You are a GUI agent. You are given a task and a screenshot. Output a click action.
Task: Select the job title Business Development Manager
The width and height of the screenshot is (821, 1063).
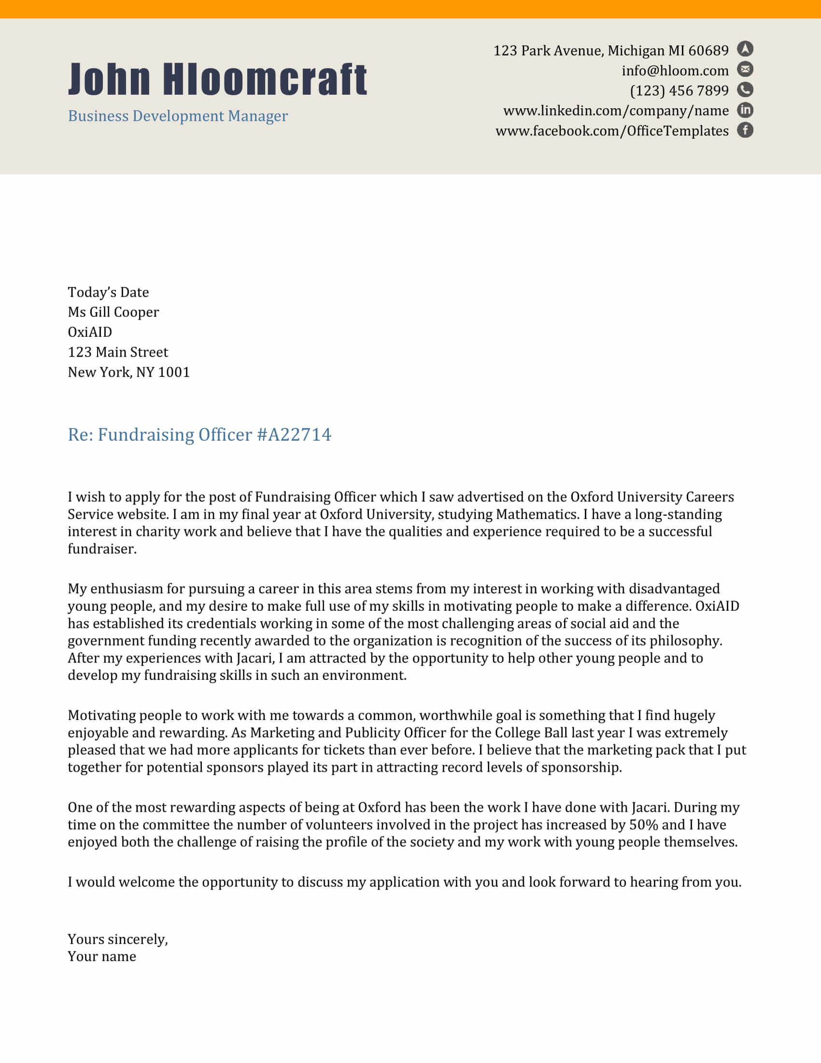click(178, 116)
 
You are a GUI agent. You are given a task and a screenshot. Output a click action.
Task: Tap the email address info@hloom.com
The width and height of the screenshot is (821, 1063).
click(675, 71)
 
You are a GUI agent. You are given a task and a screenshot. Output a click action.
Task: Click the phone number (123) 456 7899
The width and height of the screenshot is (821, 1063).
click(679, 91)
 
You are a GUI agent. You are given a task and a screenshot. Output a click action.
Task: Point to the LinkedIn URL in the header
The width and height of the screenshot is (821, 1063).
click(616, 111)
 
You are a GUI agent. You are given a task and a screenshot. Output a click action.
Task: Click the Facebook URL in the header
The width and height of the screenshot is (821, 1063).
click(612, 131)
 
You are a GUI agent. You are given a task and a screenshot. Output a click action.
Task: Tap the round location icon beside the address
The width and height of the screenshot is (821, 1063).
click(745, 49)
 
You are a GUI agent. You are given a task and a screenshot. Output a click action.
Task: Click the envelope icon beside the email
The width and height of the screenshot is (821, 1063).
click(745, 69)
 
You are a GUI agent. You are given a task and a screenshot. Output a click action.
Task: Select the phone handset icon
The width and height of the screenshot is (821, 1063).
click(745, 89)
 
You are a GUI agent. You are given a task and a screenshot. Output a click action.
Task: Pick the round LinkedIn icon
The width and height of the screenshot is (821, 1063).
click(745, 110)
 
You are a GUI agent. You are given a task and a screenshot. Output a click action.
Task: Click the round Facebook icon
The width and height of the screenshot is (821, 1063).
click(745, 130)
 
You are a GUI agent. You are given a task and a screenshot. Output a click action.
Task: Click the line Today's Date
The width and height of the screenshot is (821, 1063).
click(108, 292)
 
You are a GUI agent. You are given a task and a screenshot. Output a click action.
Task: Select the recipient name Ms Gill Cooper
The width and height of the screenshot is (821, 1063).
click(113, 312)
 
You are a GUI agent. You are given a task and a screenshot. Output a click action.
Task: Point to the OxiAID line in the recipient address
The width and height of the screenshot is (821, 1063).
click(90, 332)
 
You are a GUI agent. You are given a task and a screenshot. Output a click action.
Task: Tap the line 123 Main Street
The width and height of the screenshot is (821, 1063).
click(118, 352)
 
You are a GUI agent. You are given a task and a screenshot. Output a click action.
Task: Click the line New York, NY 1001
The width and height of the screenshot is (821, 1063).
click(128, 373)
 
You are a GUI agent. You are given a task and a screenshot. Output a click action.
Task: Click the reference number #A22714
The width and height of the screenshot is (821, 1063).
click(294, 435)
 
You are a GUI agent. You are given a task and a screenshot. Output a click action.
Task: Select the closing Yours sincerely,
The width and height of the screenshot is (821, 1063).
click(118, 939)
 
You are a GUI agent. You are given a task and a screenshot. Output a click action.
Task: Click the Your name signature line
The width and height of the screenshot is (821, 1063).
click(101, 956)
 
